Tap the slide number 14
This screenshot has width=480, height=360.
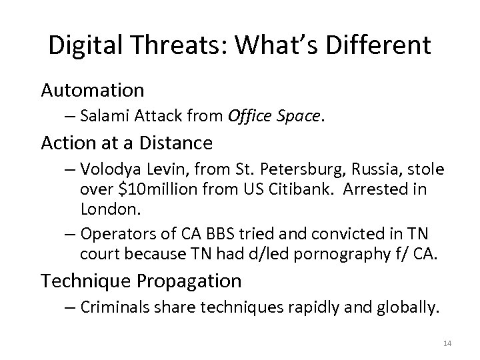point(446,344)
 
